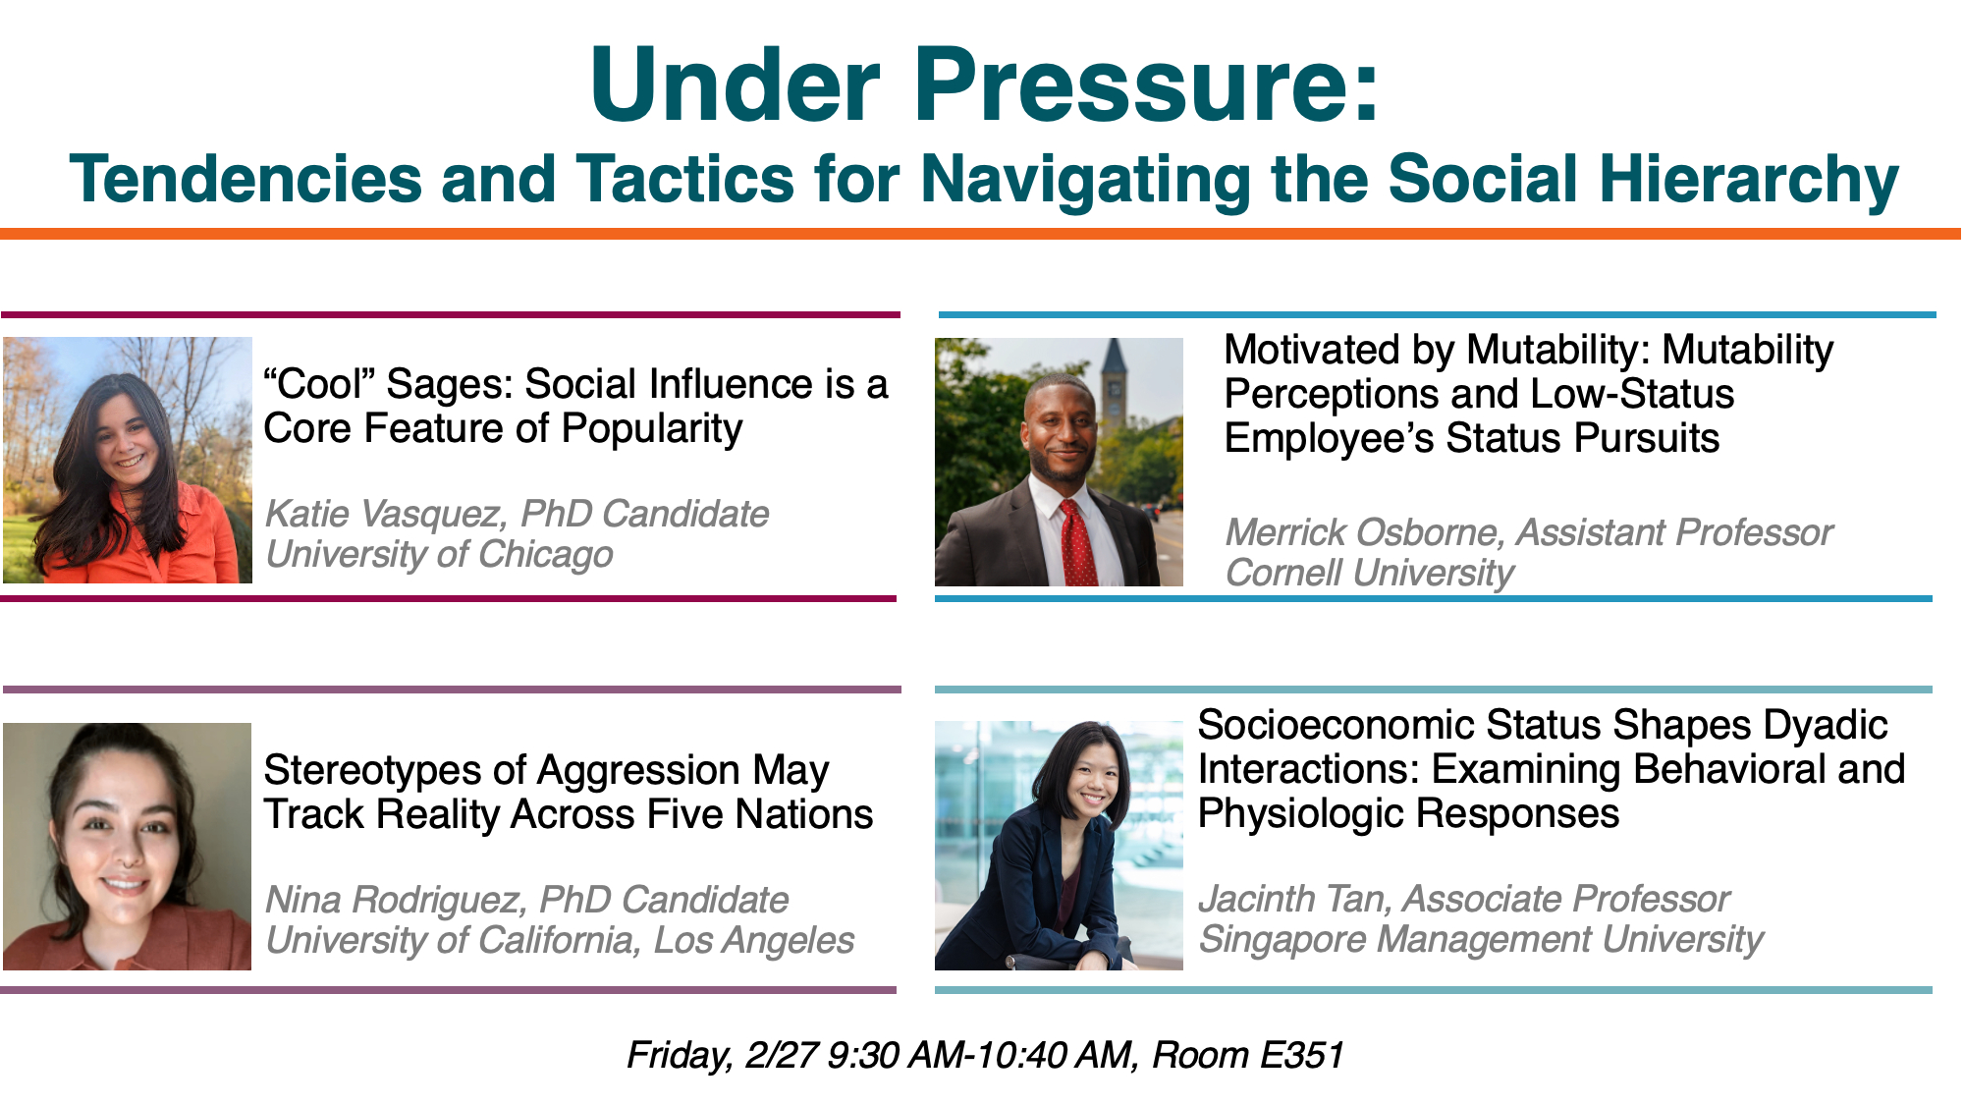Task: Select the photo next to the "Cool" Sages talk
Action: click(x=128, y=460)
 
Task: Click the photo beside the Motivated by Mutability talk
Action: click(x=1059, y=462)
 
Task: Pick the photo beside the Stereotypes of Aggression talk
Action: click(x=128, y=847)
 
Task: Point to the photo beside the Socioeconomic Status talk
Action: click(x=1059, y=846)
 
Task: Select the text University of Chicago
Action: click(x=439, y=555)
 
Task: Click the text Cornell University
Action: click(x=1369, y=573)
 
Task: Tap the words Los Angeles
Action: click(x=754, y=941)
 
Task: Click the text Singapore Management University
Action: click(x=1481, y=939)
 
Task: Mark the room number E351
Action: click(x=1301, y=1055)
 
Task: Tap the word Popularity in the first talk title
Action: click(x=652, y=429)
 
